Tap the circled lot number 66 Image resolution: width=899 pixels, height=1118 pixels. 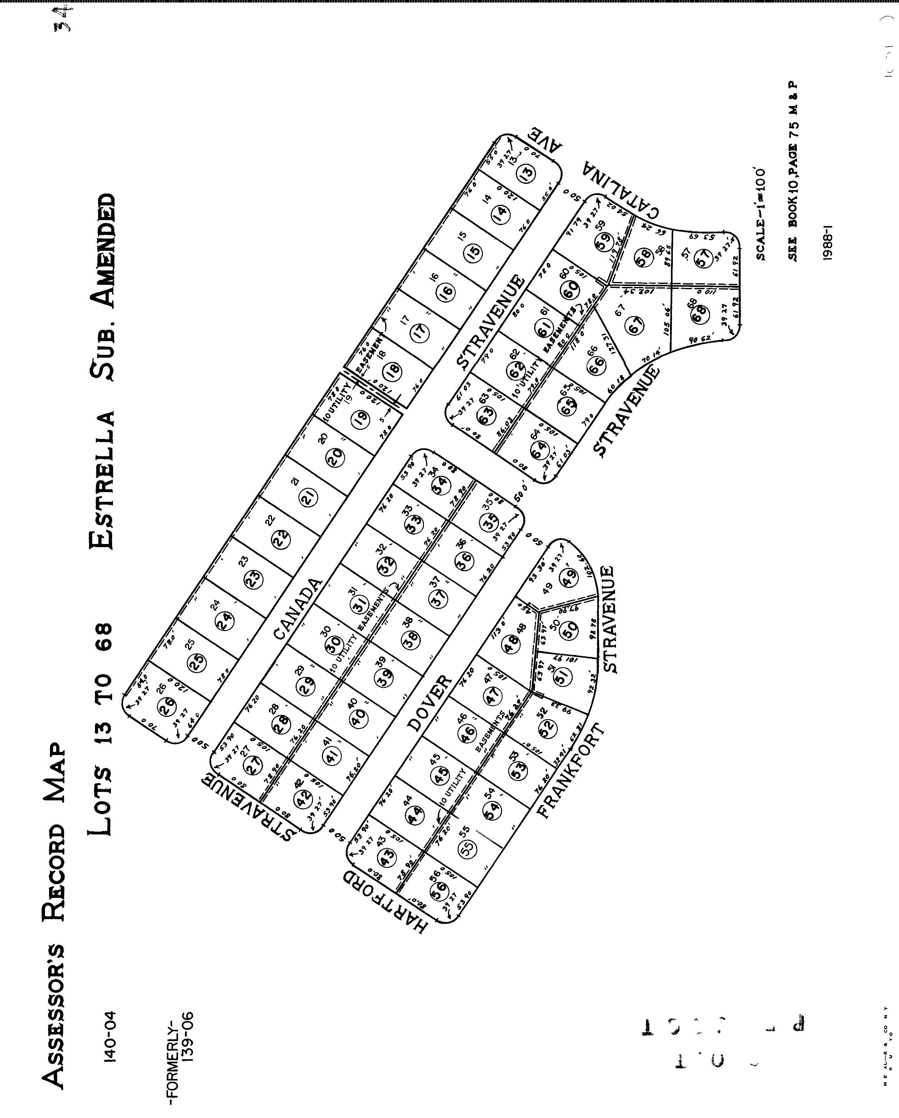tap(596, 366)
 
